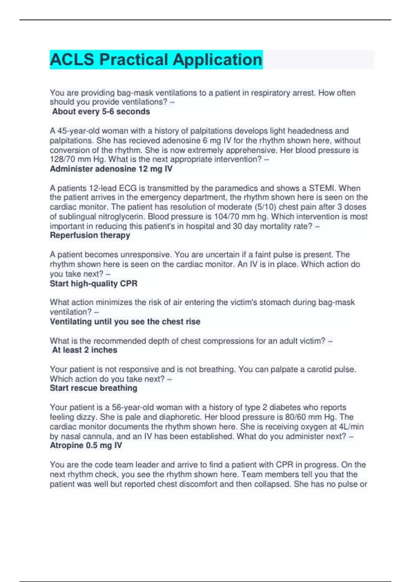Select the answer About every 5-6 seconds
pyautogui.click(x=101, y=112)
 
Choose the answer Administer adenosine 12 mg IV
pyautogui.click(x=111, y=169)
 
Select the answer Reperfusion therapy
pyautogui.click(x=90, y=235)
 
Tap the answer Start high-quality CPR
pyautogui.click(x=94, y=283)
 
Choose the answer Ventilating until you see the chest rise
pyautogui.click(x=125, y=321)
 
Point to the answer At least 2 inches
pyautogui.click(x=85, y=350)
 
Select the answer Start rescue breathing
pyautogui.click(x=94, y=388)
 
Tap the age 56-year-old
pyautogui.click(x=133, y=407)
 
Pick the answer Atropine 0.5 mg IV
pyautogui.click(x=86, y=445)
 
